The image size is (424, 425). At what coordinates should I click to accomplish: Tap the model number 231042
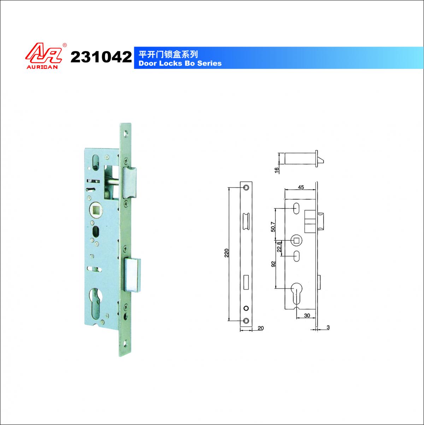tap(101, 57)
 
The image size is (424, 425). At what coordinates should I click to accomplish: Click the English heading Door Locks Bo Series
tap(180, 63)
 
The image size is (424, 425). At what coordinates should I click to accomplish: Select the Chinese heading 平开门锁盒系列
tap(168, 54)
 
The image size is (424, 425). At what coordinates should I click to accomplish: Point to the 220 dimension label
tap(226, 253)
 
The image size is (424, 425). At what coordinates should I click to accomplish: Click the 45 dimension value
tap(301, 187)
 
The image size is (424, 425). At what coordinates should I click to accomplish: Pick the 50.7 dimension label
tap(273, 227)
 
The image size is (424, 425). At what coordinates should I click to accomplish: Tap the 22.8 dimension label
tap(279, 247)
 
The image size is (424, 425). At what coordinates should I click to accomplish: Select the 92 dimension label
tap(273, 264)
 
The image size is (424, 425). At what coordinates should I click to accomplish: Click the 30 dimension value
tap(307, 315)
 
